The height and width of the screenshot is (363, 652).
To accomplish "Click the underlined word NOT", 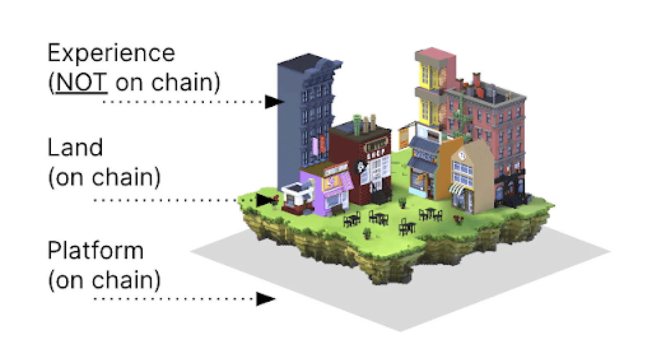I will (x=82, y=82).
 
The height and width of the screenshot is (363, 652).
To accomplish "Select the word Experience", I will (x=111, y=53).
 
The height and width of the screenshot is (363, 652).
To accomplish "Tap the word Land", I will (x=75, y=148).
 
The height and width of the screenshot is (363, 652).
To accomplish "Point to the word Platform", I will (x=96, y=251).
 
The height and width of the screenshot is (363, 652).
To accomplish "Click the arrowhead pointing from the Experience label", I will (x=273, y=102).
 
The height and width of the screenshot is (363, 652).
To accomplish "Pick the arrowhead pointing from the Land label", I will (x=265, y=200).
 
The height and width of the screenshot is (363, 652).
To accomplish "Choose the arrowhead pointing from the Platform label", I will (x=265, y=299).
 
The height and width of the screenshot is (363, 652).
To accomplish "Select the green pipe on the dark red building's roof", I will (x=357, y=123).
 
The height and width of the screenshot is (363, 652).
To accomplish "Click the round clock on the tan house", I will (x=462, y=156).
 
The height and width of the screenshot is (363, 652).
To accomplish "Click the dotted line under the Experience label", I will (x=182, y=102).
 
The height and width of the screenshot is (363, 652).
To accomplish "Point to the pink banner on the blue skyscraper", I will (x=315, y=145).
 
